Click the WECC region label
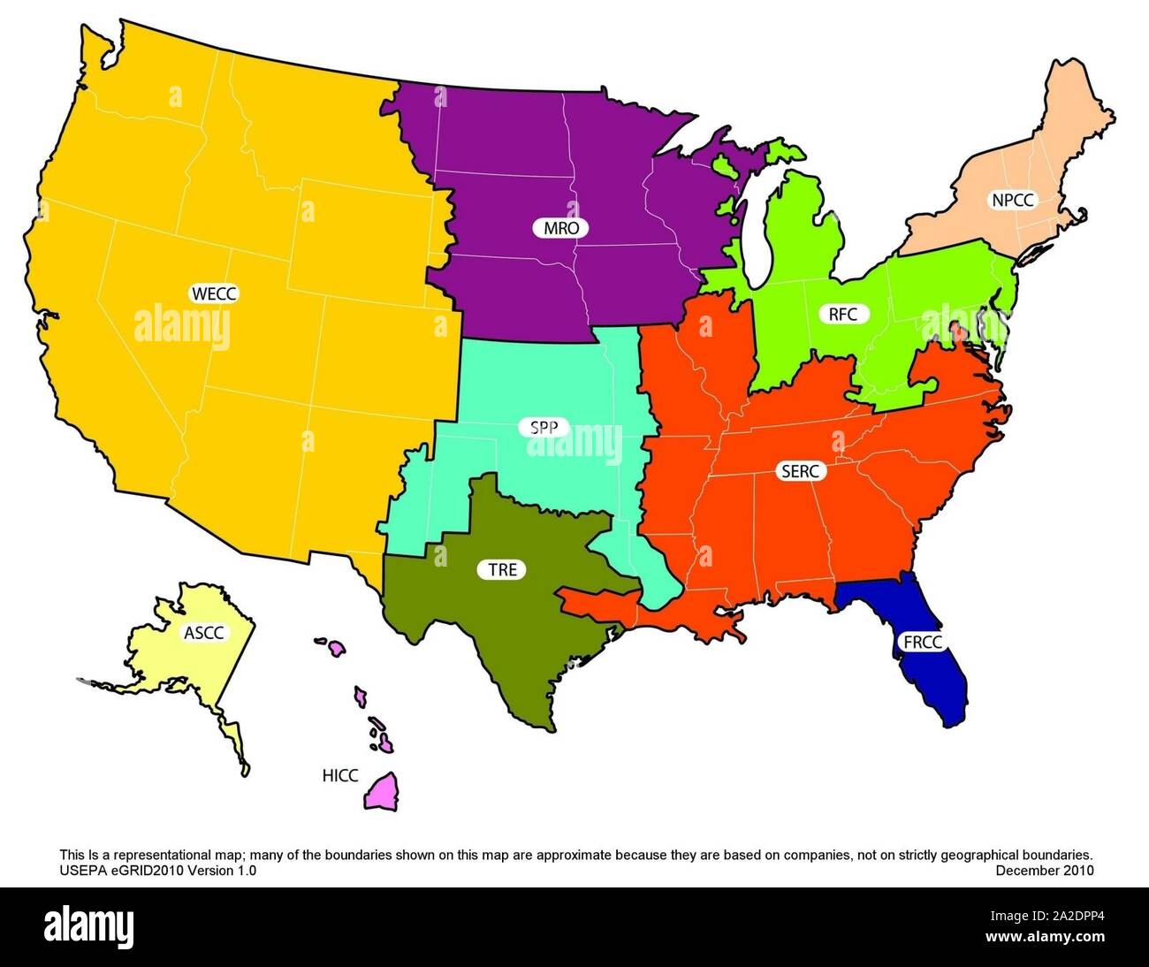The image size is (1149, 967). point(215,293)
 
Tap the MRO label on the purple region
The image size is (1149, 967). point(561,228)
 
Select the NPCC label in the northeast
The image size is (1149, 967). point(1011,200)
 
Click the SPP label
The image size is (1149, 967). point(544,429)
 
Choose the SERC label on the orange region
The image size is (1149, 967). point(802,471)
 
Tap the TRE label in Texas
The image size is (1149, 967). point(502,570)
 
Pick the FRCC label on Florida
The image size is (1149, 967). point(923,642)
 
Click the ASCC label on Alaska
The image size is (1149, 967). point(203,632)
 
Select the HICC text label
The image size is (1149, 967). point(339,776)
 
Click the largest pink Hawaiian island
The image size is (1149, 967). point(384,791)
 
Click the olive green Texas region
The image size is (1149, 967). point(495,628)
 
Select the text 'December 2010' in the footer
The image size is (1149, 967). point(1045,871)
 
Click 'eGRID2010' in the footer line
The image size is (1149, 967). point(138,871)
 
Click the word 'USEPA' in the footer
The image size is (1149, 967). point(80,871)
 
